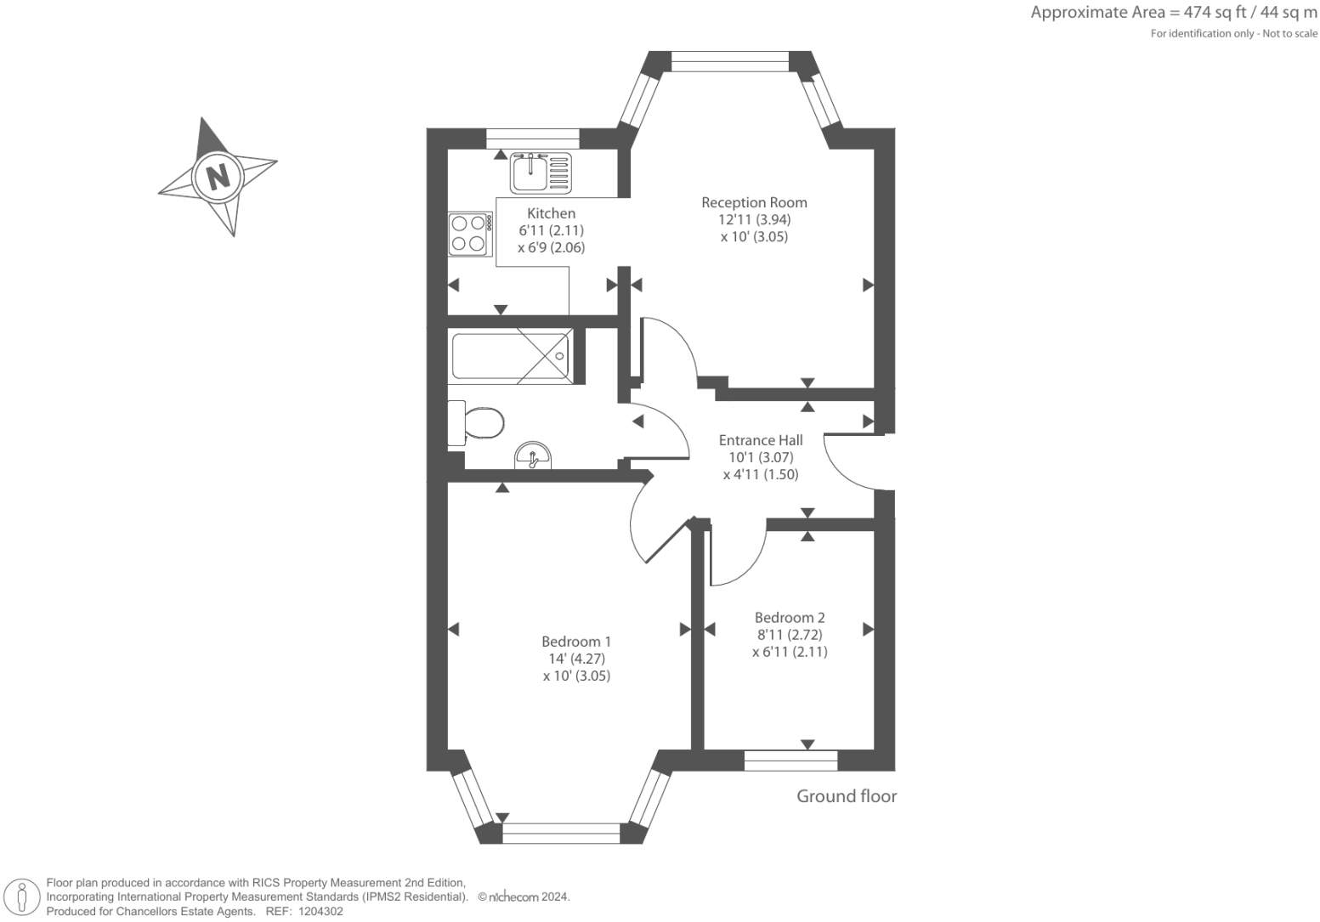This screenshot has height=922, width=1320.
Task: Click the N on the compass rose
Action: click(218, 176)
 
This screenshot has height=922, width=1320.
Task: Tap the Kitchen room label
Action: click(551, 213)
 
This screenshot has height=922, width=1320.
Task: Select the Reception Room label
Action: click(754, 202)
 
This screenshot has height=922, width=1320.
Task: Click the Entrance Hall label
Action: click(761, 440)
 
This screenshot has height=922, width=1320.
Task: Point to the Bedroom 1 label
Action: click(576, 642)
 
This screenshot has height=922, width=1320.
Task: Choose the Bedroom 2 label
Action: click(790, 618)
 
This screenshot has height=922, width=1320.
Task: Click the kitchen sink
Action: click(541, 173)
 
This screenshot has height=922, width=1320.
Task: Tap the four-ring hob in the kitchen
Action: click(470, 234)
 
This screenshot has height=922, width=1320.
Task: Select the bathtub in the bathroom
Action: click(511, 356)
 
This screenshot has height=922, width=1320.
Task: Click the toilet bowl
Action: click(476, 423)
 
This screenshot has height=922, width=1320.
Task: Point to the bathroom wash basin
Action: click(533, 456)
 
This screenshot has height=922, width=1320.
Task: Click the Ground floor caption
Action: click(847, 796)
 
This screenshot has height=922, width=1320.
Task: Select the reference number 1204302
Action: click(320, 912)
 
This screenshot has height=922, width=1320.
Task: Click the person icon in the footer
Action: click(22, 898)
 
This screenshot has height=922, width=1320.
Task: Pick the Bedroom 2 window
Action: click(790, 761)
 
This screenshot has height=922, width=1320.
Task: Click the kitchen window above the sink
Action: click(533, 139)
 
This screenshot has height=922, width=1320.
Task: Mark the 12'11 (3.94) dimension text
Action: click(754, 220)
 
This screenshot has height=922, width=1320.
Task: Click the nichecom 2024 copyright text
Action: click(524, 897)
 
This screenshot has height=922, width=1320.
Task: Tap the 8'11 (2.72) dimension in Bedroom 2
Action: click(790, 635)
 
